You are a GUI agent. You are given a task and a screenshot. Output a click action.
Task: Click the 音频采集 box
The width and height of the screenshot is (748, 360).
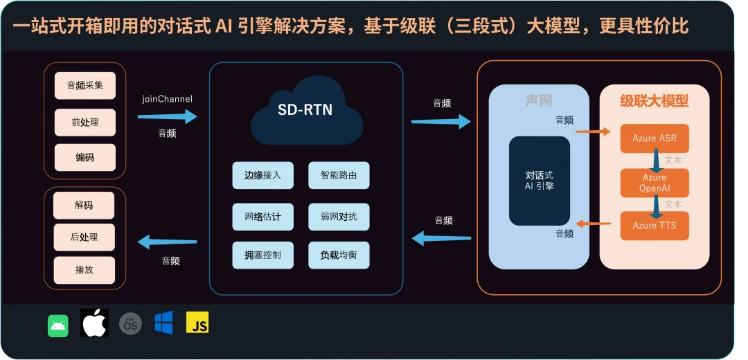point(85,86)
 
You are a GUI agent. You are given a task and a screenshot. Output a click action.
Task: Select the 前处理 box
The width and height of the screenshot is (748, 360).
point(85,122)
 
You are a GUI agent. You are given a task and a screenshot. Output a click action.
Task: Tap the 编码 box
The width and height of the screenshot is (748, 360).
point(85,157)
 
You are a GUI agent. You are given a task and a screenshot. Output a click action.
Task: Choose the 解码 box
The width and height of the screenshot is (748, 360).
point(84,205)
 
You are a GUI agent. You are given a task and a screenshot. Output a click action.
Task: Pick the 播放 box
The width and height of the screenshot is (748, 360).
point(84,269)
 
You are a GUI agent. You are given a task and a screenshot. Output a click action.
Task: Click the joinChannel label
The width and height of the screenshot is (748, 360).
point(167,99)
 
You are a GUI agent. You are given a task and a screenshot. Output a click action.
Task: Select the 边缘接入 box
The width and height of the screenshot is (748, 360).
point(262,175)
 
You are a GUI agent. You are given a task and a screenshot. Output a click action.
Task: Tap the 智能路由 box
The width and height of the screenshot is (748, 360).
point(339,175)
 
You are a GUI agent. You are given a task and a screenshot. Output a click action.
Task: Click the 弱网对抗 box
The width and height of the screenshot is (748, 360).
point(339,216)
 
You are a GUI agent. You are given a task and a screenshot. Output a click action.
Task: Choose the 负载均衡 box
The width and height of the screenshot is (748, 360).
point(339,255)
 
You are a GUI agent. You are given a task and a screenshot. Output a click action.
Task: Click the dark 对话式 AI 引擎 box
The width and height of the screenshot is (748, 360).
point(540,181)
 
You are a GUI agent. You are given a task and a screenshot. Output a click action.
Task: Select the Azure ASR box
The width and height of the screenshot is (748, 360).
point(654,138)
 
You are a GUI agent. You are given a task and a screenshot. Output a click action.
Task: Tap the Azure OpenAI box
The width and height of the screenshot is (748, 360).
point(654,183)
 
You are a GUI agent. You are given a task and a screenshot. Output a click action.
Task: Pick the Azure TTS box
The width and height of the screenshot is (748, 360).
point(654,226)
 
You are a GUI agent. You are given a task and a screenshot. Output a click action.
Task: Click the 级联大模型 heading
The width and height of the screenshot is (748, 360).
point(654,101)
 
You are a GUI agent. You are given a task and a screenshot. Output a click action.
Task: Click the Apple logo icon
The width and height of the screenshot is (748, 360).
point(95,323)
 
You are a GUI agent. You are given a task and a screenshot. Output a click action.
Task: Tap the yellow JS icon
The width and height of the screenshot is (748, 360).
point(197,323)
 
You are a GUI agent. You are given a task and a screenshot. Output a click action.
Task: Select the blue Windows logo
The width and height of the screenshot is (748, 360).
point(163,323)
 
